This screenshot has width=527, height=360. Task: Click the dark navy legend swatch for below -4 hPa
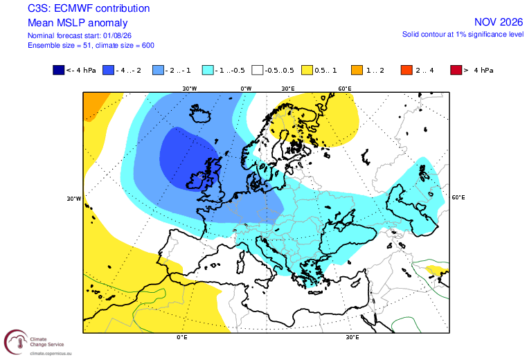pyautogui.click(x=58, y=70)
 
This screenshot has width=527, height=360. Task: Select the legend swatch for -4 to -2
pyautogui.click(x=108, y=70)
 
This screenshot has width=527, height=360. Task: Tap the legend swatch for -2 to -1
pyautogui.click(x=158, y=70)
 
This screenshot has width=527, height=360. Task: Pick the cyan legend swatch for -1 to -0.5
pyautogui.click(x=208, y=70)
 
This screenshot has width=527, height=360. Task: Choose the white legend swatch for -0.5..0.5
pyautogui.click(x=258, y=70)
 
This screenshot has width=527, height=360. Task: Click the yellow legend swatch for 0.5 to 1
pyautogui.click(x=307, y=70)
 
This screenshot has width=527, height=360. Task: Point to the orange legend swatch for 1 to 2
pyautogui.click(x=357, y=70)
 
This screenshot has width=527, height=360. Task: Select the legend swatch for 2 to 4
pyautogui.click(x=407, y=70)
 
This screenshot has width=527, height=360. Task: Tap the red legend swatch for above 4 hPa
pyautogui.click(x=456, y=70)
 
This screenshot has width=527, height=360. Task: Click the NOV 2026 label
pyautogui.click(x=499, y=22)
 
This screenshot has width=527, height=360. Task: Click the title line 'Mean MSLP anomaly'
pyautogui.click(x=78, y=23)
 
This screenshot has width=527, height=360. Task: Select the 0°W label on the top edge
pyautogui.click(x=246, y=89)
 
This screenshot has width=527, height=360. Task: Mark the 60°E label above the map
pyautogui.click(x=345, y=89)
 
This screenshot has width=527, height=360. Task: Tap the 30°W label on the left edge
pyautogui.click(x=74, y=199)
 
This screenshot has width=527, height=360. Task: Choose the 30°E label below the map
pyautogui.click(x=352, y=337)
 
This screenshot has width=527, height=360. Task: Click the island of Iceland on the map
pyautogui.click(x=200, y=114)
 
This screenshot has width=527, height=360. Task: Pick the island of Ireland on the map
pyautogui.click(x=199, y=181)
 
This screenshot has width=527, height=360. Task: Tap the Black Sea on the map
pyautogui.click(x=346, y=237)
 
